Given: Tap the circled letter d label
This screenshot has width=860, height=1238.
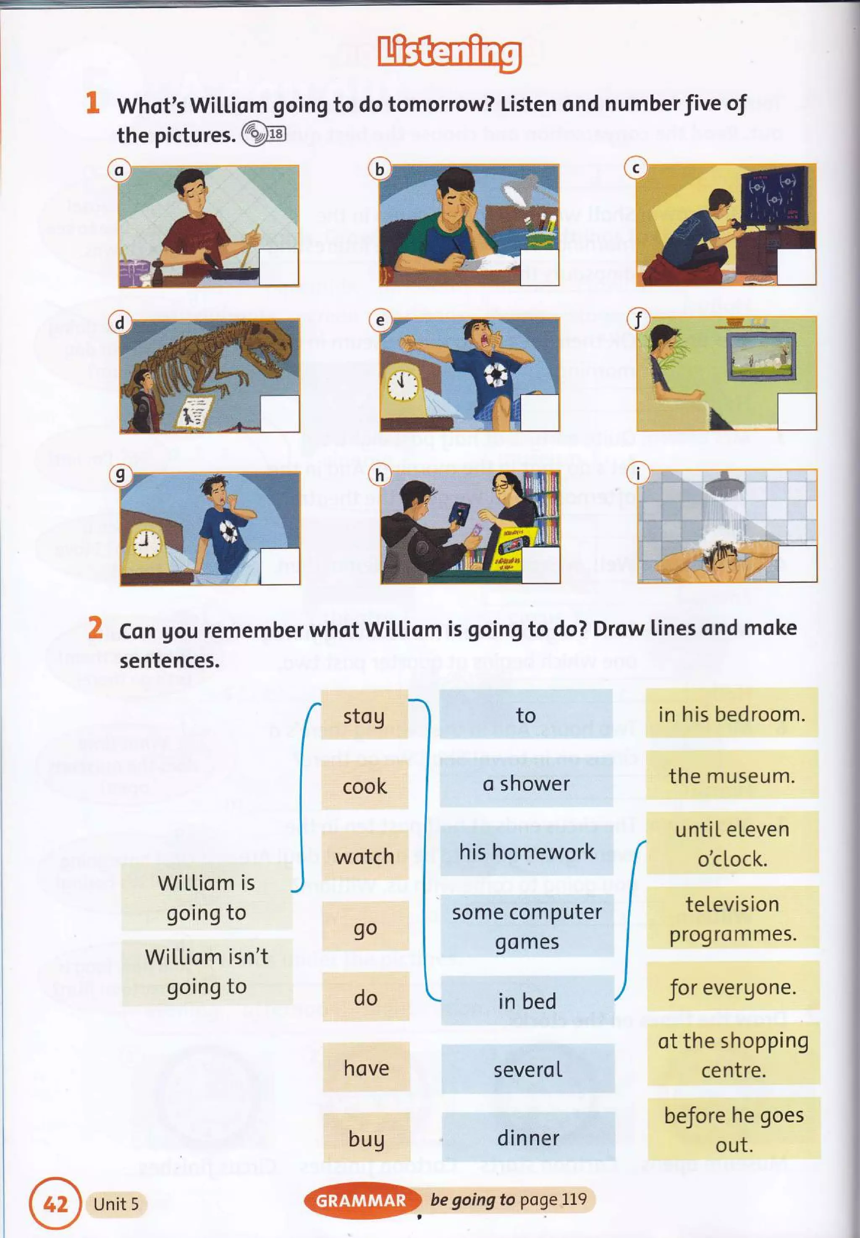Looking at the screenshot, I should [x=120, y=322].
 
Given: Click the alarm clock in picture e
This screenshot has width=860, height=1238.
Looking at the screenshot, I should [x=403, y=386].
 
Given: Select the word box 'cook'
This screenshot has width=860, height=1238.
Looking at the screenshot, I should [x=365, y=786].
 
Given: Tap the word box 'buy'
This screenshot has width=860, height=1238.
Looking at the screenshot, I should [x=367, y=1139].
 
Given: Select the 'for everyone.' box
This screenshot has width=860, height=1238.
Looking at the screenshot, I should [x=732, y=987].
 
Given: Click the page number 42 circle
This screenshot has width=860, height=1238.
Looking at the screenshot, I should [x=55, y=1204].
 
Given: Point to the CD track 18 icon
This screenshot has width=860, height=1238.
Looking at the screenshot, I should [x=263, y=133].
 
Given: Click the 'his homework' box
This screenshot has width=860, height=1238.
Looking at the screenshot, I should [x=527, y=852].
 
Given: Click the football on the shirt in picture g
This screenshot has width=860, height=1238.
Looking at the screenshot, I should [x=228, y=531].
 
